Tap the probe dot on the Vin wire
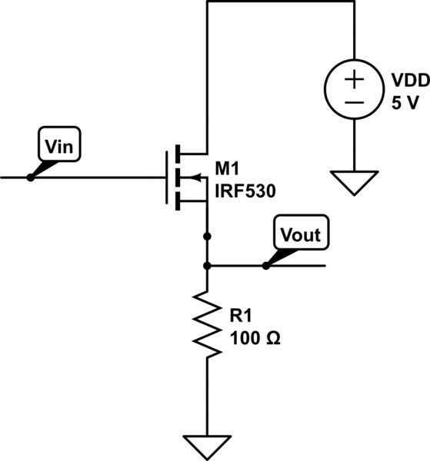point(30,177)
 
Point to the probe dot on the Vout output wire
point(265,266)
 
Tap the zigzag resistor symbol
point(206,323)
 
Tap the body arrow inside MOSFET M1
point(196,178)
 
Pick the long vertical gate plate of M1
point(167,177)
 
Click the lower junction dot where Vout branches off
point(206,266)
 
